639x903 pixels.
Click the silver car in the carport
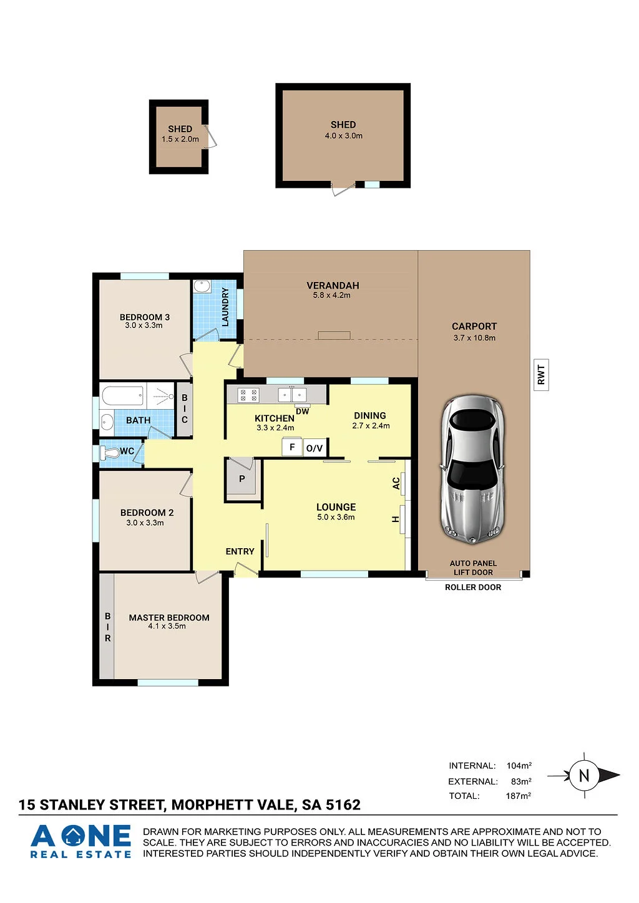pos(472,470)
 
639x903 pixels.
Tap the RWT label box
pos(541,375)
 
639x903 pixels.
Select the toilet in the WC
pos(109,452)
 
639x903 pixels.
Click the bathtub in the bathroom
pos(123,395)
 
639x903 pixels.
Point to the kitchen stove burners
pos(248,395)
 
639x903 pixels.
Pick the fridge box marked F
pos(292,447)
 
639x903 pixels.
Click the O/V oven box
pos(315,448)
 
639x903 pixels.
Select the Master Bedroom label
pos(169,617)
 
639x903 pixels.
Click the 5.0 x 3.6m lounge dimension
pos(336,517)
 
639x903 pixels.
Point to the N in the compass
pos(583,775)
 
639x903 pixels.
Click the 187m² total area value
pos(519,795)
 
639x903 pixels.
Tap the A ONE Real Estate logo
pos(80,841)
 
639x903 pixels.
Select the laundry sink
pos(201,287)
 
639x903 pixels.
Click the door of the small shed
pos(211,136)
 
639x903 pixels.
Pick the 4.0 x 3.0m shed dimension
pos(344,136)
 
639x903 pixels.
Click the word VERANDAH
pos(333,286)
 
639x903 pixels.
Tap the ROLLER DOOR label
pos(473,587)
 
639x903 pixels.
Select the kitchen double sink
pos(292,394)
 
